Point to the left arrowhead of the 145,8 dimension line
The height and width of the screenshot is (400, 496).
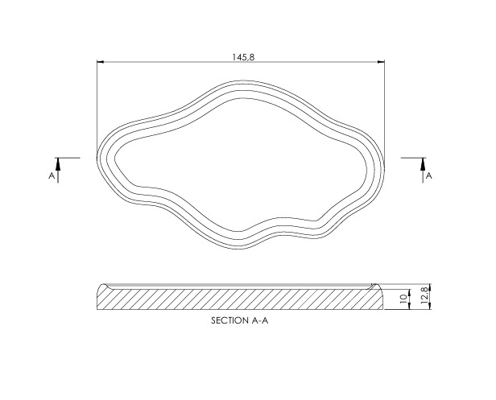[100, 61]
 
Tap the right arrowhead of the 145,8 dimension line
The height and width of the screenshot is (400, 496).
[381, 61]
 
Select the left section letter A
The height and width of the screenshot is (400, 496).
[52, 175]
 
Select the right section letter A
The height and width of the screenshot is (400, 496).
[428, 175]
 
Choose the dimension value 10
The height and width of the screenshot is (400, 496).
[403, 299]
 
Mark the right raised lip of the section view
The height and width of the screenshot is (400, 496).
[376, 287]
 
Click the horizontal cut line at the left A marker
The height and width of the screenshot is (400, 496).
[69, 157]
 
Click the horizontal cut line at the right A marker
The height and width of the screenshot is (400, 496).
[411, 157]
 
